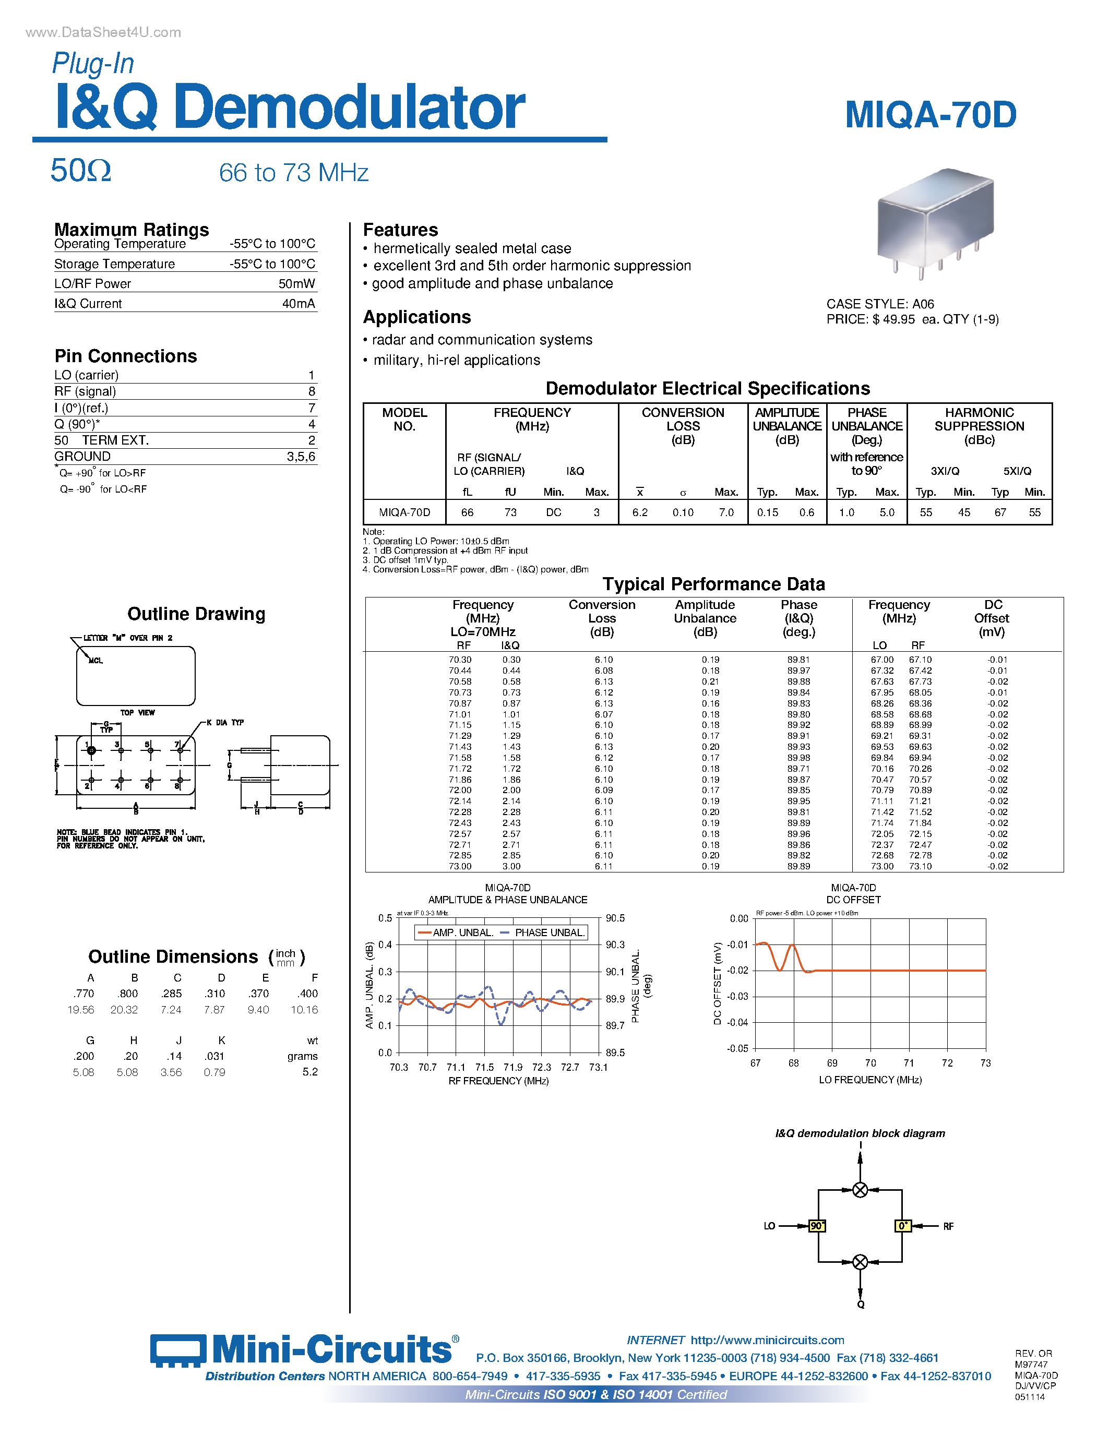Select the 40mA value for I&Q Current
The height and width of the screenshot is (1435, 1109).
(299, 304)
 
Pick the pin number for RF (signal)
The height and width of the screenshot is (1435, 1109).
(312, 391)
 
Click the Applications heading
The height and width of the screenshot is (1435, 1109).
(417, 317)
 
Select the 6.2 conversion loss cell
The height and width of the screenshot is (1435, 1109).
(639, 512)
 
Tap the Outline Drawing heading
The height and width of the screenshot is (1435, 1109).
(196, 614)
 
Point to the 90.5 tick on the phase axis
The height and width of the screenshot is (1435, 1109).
(615, 918)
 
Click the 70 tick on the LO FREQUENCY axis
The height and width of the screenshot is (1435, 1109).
(870, 1063)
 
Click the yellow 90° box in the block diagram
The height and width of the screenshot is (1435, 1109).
(817, 1226)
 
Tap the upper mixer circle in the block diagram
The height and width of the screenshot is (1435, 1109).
(860, 1190)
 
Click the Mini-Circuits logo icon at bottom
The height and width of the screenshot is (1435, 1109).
(177, 1351)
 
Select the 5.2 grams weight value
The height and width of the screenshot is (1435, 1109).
(309, 1072)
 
